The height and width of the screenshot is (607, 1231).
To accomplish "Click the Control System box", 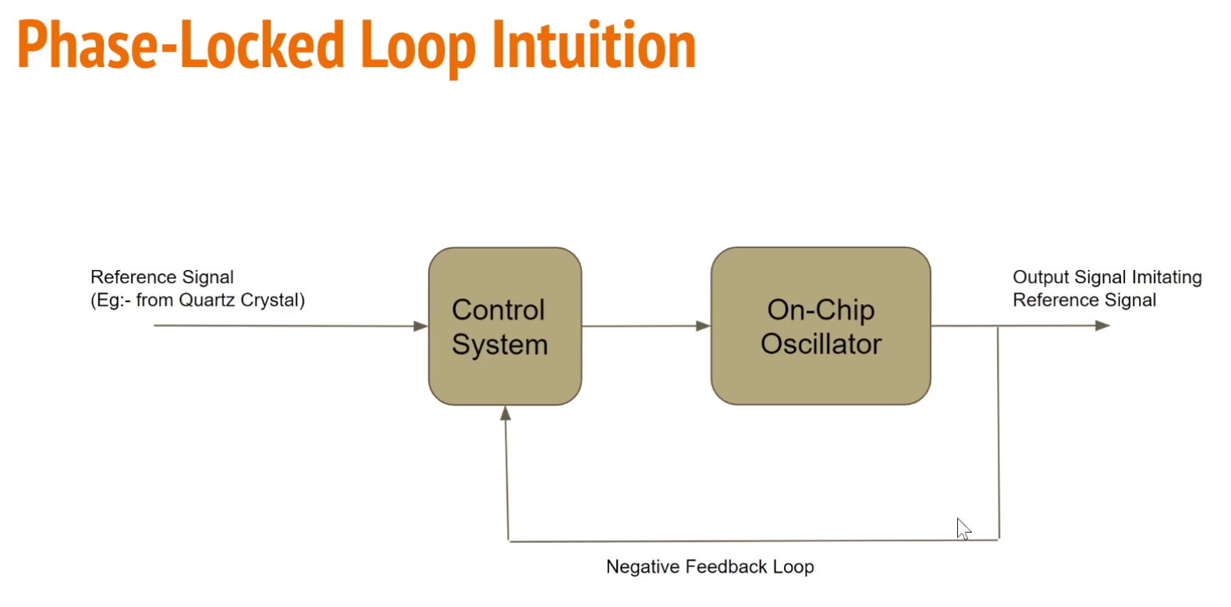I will (x=505, y=326).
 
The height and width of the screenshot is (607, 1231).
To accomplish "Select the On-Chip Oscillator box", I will (x=820, y=326).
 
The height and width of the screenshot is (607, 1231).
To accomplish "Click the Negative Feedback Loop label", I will (x=710, y=566).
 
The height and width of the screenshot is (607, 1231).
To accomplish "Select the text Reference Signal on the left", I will (x=162, y=277).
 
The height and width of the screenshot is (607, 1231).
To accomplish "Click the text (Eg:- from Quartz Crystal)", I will (x=197, y=300).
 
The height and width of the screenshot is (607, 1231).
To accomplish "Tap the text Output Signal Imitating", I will (x=1106, y=277).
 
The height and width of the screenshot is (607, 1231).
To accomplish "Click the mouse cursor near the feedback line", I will (x=963, y=528).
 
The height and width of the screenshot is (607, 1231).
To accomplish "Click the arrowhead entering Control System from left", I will (x=420, y=326).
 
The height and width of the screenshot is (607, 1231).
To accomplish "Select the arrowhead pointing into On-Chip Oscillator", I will (x=703, y=326).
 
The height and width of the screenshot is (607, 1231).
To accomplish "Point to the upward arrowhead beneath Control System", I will (x=506, y=414).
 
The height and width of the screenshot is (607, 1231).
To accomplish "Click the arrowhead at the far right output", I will (x=1102, y=325).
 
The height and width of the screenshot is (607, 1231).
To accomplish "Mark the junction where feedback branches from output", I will (x=998, y=326).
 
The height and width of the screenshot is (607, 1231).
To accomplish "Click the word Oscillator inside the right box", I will (x=821, y=344).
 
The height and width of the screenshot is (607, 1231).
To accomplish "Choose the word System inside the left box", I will (x=499, y=345).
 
